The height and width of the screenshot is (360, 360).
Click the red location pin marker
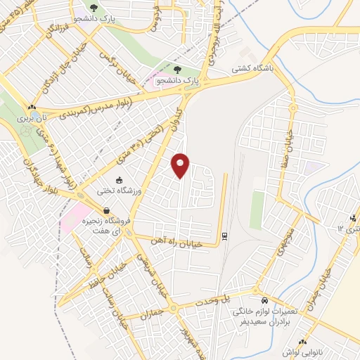pos(181,165)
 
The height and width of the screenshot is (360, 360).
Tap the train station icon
pos(224,236)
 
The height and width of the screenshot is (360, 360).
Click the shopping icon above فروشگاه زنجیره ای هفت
pos(106,210)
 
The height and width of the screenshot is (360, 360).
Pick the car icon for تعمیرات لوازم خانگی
pos(257,299)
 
